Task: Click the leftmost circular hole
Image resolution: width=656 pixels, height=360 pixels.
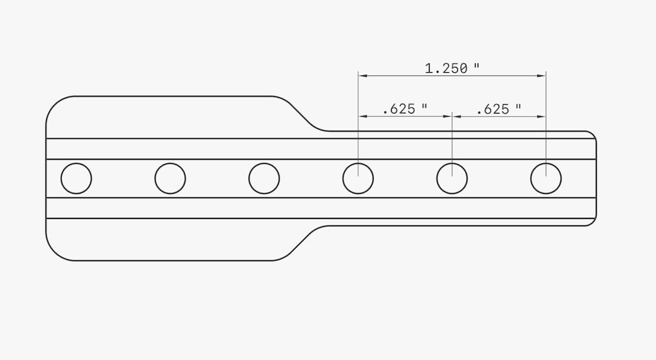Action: tap(76, 178)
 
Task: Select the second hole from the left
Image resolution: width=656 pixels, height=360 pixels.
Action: tap(170, 178)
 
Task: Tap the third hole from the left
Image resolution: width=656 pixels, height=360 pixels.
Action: tap(264, 178)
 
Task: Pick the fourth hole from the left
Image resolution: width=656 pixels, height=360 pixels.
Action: tap(358, 178)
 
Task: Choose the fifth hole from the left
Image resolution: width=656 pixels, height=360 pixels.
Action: tap(452, 178)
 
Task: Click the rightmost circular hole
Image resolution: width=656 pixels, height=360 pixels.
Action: tap(546, 178)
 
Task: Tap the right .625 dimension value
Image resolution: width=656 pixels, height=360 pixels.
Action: tap(493, 109)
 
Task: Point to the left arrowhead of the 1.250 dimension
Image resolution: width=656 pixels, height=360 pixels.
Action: tap(361, 76)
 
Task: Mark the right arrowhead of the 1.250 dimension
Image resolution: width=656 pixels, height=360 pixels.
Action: tap(543, 76)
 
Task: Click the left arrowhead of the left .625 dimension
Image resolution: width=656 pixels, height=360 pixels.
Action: tap(361, 116)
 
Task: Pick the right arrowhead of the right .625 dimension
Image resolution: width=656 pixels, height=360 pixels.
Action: tap(543, 116)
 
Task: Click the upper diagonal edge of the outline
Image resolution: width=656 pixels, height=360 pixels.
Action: tap(307, 117)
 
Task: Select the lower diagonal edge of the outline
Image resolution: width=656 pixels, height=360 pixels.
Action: tap(305, 241)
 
